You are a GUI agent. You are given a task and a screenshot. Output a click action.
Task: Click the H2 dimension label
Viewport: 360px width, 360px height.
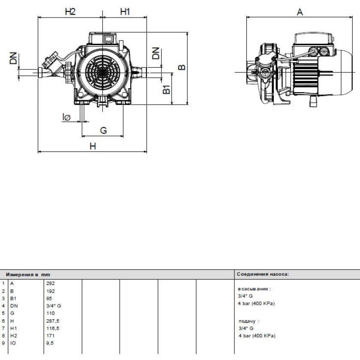pyautogui.click(x=70, y=12)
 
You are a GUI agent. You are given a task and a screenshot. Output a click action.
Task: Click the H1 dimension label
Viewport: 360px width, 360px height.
pyautogui.click(x=125, y=12)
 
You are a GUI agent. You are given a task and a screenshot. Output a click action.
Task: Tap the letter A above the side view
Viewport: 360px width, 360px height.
pyautogui.click(x=300, y=12)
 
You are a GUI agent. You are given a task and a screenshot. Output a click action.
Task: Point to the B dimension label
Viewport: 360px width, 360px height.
pyautogui.click(x=182, y=67)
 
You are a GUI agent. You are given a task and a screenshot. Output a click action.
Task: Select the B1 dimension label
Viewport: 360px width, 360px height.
pyautogui.click(x=166, y=89)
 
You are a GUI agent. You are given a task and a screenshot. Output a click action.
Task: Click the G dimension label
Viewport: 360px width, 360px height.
pyautogui.click(x=104, y=130)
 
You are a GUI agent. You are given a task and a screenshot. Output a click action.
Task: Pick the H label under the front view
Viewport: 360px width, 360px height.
pyautogui.click(x=93, y=146)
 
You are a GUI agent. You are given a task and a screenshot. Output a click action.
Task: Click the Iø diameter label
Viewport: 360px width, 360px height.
pyautogui.click(x=66, y=117)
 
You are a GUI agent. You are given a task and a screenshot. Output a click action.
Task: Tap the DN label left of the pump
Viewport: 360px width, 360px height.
pyautogui.click(x=13, y=58)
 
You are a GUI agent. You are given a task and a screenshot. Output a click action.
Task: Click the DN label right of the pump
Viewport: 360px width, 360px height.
pyautogui.click(x=156, y=53)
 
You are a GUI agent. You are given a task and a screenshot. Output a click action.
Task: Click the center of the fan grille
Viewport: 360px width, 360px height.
pyautogui.click(x=102, y=72)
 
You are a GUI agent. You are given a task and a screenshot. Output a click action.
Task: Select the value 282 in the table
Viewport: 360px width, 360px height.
pyautogui.click(x=51, y=283)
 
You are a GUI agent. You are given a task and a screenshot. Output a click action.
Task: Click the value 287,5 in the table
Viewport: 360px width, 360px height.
pyautogui.click(x=53, y=321)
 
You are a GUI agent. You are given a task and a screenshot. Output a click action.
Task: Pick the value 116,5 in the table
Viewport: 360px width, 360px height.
pyautogui.click(x=53, y=328)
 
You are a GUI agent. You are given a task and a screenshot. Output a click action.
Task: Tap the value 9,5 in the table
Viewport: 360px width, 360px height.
pyautogui.click(x=50, y=343)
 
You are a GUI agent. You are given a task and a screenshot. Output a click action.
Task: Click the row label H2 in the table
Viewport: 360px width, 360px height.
pyautogui.click(x=14, y=336)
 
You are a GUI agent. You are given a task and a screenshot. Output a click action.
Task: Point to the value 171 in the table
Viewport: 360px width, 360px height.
pyautogui.click(x=50, y=336)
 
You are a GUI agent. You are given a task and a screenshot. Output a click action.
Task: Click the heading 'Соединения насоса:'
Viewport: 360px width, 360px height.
pyautogui.click(x=263, y=274)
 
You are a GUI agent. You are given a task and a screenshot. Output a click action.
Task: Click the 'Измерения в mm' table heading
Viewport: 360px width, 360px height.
pyautogui.click(x=28, y=275)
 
